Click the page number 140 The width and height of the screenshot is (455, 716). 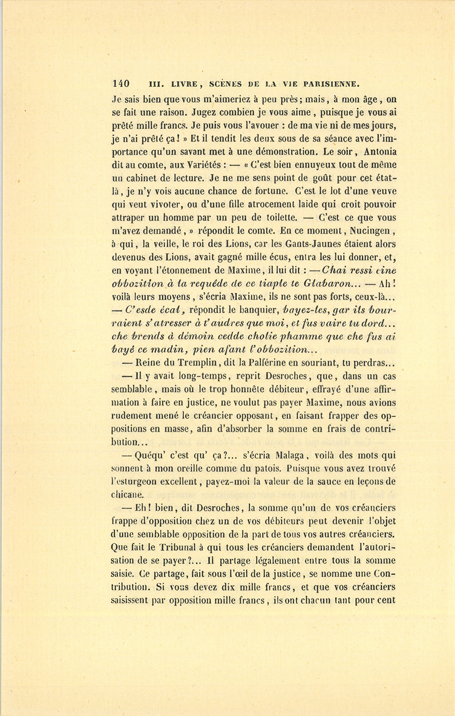coord(121,83)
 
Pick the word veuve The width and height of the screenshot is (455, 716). coord(382,191)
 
